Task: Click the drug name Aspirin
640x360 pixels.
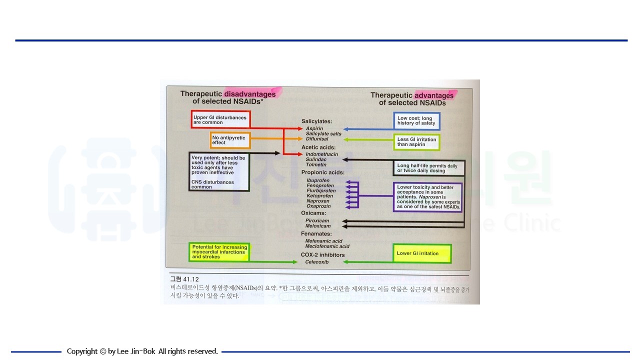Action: click(314, 128)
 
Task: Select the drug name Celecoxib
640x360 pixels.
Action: click(317, 262)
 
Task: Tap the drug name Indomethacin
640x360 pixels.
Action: click(322, 154)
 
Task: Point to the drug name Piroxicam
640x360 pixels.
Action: click(318, 220)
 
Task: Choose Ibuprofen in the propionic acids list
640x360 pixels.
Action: click(318, 180)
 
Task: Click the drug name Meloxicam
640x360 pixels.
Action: click(318, 226)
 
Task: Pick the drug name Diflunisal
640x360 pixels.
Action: click(317, 139)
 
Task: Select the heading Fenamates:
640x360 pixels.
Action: click(316, 233)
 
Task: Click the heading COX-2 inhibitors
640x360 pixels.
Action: click(322, 255)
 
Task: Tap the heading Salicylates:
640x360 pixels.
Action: click(316, 121)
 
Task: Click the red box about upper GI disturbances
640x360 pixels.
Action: click(220, 119)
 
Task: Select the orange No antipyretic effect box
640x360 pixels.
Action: click(230, 140)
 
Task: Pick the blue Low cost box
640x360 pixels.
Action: click(416, 121)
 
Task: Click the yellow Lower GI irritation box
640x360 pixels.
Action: click(422, 253)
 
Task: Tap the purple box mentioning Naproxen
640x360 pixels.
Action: click(427, 197)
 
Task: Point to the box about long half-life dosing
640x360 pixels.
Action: click(428, 168)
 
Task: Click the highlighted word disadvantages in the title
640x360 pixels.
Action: click(250, 94)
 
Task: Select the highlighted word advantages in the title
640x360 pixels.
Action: click(434, 95)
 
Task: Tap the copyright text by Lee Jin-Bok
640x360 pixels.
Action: click(142, 351)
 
